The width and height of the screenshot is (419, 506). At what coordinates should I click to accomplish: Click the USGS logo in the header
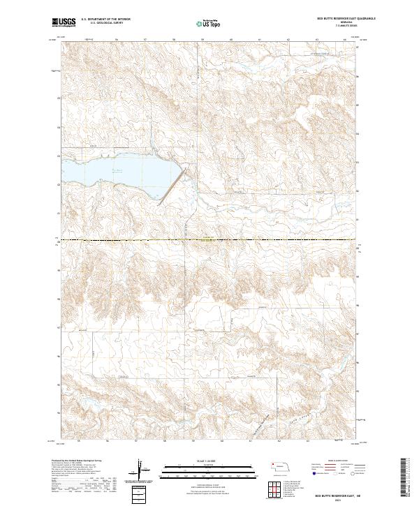click(64, 22)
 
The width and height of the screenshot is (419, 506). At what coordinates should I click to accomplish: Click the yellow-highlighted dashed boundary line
click(209, 241)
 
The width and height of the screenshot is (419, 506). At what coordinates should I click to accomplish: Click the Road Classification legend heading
click(330, 462)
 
